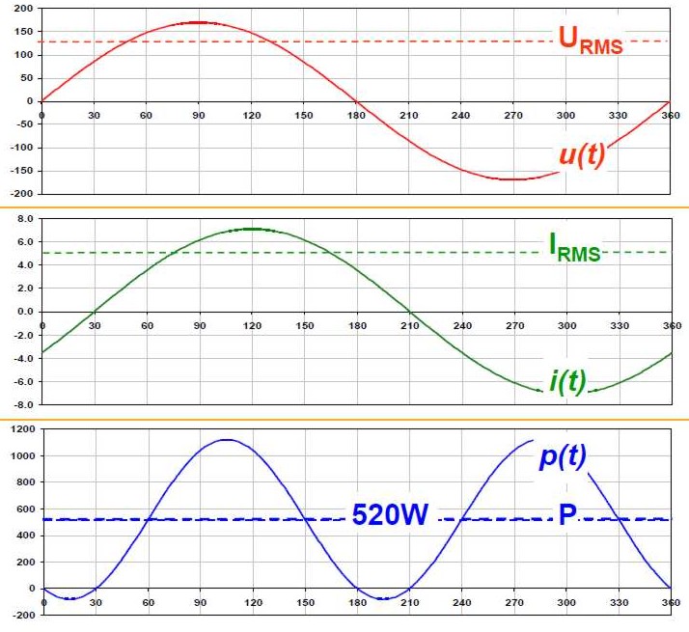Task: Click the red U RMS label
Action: [x=590, y=40]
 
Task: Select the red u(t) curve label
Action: [x=581, y=155]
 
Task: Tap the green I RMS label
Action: [x=574, y=249]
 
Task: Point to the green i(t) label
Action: [x=568, y=380]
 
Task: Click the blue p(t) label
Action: [x=564, y=455]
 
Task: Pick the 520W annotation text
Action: [x=391, y=515]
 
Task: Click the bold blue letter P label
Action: [x=567, y=515]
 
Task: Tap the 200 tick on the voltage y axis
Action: [x=22, y=9]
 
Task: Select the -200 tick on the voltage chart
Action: [x=20, y=194]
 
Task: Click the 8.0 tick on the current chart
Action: [x=24, y=219]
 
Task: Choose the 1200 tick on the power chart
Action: [x=20, y=427]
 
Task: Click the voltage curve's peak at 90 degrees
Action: [x=198, y=22]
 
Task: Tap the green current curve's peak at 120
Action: [x=252, y=229]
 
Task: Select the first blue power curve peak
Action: [x=226, y=440]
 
